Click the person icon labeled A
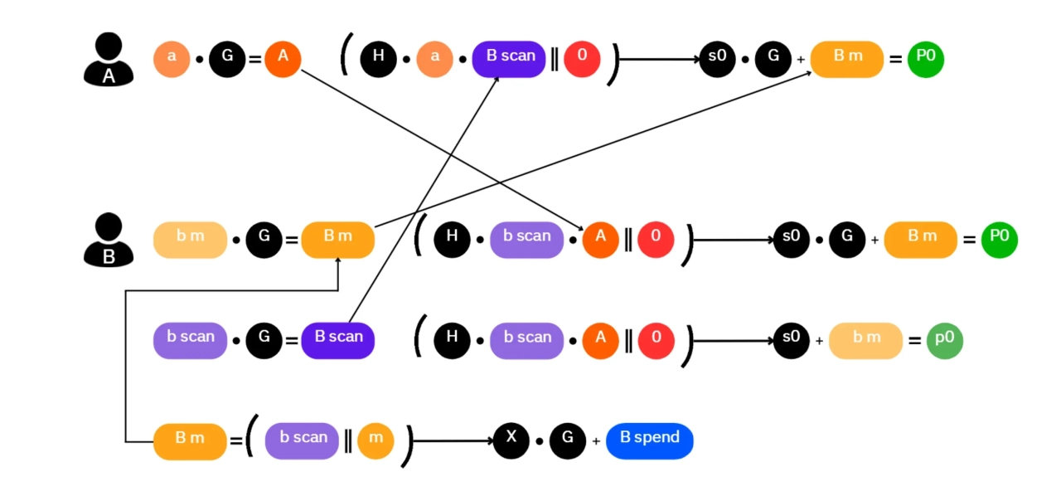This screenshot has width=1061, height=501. coord(109,60)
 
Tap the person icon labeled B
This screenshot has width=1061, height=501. coord(109,240)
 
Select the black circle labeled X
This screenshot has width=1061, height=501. coord(511,440)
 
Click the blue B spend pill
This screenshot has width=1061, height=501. coord(649,440)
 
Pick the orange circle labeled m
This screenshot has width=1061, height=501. coord(375,440)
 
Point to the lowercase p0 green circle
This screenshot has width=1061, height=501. coord(944,340)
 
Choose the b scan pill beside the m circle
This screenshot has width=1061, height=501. coord(302,440)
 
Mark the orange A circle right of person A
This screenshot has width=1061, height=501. coord(283,59)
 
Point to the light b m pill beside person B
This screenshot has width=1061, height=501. coord(190,240)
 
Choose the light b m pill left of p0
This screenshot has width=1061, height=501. coord(865,340)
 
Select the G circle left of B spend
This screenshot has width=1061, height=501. coord(568,440)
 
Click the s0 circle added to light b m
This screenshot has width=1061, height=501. coord(791,340)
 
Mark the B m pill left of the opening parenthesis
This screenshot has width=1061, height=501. coord(190,440)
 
